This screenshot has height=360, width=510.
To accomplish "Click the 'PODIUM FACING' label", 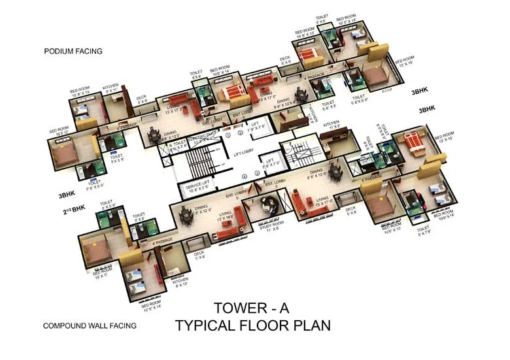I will click(x=73, y=51).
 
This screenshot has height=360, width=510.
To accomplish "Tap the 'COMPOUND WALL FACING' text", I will click(x=90, y=325).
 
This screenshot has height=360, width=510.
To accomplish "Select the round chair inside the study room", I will click(x=267, y=204).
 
